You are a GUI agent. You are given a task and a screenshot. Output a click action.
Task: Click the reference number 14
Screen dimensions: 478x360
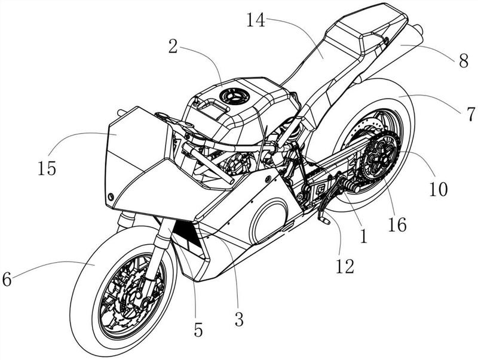(256, 20)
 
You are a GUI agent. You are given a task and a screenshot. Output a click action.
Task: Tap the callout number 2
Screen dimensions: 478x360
(173, 47)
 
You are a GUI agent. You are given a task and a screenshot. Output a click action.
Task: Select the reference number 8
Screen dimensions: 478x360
(464, 61)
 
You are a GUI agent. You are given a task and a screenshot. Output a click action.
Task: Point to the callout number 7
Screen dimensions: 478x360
(470, 114)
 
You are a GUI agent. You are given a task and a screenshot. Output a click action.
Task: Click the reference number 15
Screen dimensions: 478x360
(47, 168)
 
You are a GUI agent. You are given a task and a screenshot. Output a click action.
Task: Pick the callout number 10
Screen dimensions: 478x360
(439, 189)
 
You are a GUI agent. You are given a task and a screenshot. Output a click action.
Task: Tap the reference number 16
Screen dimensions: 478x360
(397, 224)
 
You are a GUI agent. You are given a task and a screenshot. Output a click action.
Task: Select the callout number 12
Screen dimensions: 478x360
(345, 266)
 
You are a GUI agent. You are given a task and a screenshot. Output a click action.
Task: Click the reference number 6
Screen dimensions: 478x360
(7, 279)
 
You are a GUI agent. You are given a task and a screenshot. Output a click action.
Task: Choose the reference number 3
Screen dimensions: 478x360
(239, 320)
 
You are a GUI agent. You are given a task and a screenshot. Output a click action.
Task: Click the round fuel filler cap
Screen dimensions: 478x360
(234, 96)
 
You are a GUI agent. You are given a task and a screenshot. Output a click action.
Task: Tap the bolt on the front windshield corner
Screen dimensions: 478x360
(111, 197)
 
